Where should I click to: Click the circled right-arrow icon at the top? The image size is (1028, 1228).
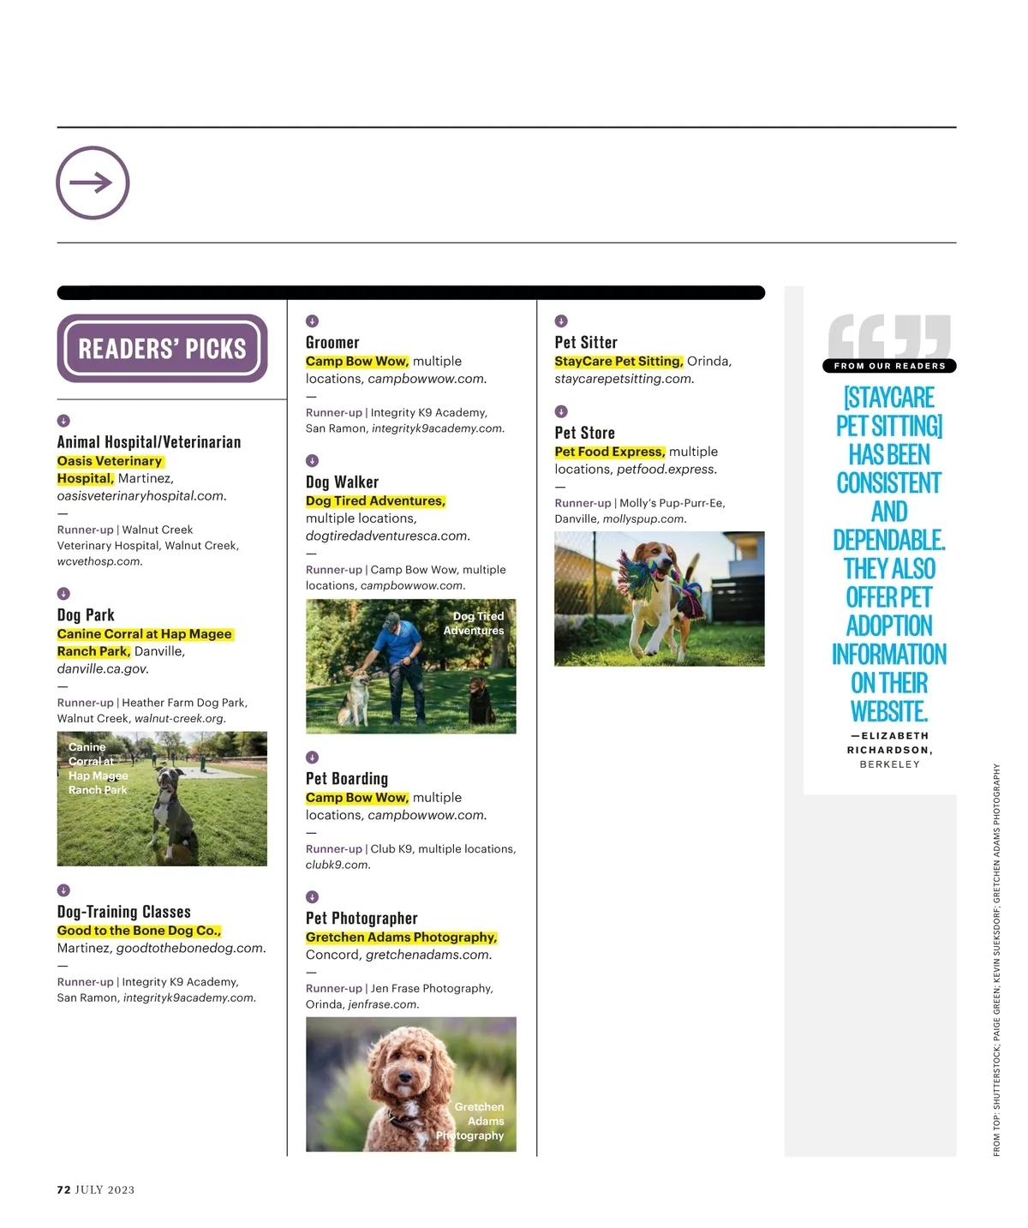click(93, 183)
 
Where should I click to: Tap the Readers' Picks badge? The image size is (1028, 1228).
click(162, 348)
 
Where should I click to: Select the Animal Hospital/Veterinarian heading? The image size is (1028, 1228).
click(149, 442)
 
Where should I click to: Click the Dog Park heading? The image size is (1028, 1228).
click(86, 615)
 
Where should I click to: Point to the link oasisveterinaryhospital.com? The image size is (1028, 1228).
click(141, 496)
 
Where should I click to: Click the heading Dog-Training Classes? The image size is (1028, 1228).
click(124, 912)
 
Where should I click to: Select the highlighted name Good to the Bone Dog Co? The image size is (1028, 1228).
click(139, 931)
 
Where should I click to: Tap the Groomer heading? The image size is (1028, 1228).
click(332, 343)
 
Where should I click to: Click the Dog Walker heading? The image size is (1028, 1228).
click(342, 482)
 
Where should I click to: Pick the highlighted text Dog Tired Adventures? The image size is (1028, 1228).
click(375, 501)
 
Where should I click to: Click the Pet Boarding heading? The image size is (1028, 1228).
click(347, 779)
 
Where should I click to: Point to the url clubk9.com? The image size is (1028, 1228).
click(338, 866)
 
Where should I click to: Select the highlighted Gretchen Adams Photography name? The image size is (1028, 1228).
click(401, 937)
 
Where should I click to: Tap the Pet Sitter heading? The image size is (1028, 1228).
click(586, 343)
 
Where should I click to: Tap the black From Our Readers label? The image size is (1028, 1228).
click(889, 366)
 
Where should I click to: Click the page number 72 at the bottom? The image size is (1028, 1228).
click(63, 1189)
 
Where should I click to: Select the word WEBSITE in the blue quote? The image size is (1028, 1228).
click(889, 711)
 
